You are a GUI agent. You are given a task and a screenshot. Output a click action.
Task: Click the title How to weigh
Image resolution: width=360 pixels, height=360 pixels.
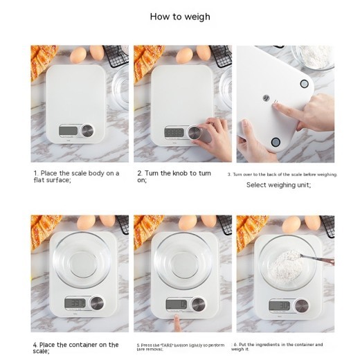coord(180,17)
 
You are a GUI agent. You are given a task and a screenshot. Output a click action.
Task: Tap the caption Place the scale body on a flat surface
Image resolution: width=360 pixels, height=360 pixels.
coord(76,177)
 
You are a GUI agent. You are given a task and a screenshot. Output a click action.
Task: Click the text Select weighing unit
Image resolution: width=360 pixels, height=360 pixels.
coord(279,185)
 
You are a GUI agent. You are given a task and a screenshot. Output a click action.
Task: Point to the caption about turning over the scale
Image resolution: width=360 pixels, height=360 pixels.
coord(282,174)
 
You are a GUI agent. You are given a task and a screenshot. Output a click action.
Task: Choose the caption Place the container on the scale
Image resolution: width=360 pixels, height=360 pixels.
coord(76,348)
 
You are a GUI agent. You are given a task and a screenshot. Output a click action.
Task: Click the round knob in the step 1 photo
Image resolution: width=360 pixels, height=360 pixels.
coord(88,131)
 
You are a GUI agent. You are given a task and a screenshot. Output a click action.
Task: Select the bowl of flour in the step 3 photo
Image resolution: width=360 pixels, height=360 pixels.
coord(314,57)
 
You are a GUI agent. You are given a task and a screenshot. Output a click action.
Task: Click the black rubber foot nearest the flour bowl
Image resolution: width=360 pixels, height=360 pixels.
coord(303,84)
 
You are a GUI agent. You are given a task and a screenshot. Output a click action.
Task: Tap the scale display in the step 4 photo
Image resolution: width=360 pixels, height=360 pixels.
coord(77,303)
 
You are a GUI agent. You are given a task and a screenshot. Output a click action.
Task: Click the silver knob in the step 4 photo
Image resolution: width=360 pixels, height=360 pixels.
coord(96,303)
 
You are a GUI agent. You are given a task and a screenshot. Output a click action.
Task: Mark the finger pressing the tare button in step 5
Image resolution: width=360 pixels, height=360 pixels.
coord(179,323)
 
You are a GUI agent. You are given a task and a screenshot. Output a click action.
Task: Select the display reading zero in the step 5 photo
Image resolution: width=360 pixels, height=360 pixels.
coord(177,303)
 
